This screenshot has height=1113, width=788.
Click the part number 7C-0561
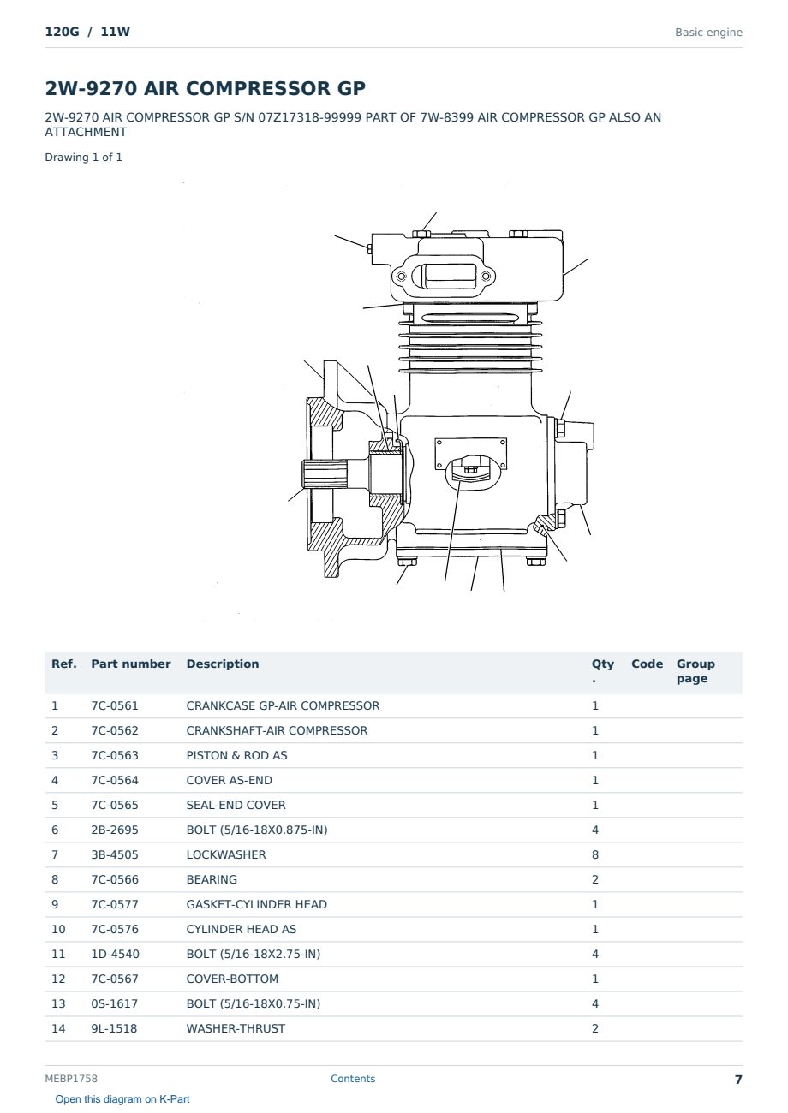tap(115, 705)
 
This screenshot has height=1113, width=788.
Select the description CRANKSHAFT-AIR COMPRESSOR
tap(277, 730)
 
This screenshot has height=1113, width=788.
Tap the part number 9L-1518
tap(114, 1028)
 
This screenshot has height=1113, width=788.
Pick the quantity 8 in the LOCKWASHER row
tap(595, 854)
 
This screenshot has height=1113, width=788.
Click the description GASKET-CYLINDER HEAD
tap(257, 904)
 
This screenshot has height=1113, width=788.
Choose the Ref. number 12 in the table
tap(58, 979)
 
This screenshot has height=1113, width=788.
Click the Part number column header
tap(131, 664)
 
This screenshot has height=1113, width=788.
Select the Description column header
tap(223, 664)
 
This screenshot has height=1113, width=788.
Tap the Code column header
tap(647, 664)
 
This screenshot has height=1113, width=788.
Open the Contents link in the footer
tap(353, 1079)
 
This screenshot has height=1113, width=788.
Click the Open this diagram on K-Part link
tap(122, 1099)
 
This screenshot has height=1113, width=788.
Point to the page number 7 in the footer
tap(738, 1080)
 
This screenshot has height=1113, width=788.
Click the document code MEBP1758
tap(71, 1079)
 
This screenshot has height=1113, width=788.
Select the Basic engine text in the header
tap(708, 33)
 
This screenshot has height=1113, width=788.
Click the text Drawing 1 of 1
tap(84, 158)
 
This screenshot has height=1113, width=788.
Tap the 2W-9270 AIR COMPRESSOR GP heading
tap(206, 88)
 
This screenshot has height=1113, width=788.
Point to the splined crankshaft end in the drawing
tap(324, 474)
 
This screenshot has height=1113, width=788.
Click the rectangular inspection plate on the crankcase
tap(471, 453)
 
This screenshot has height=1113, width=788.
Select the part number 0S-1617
tap(115, 1003)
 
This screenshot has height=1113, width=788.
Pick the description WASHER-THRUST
tap(236, 1028)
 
